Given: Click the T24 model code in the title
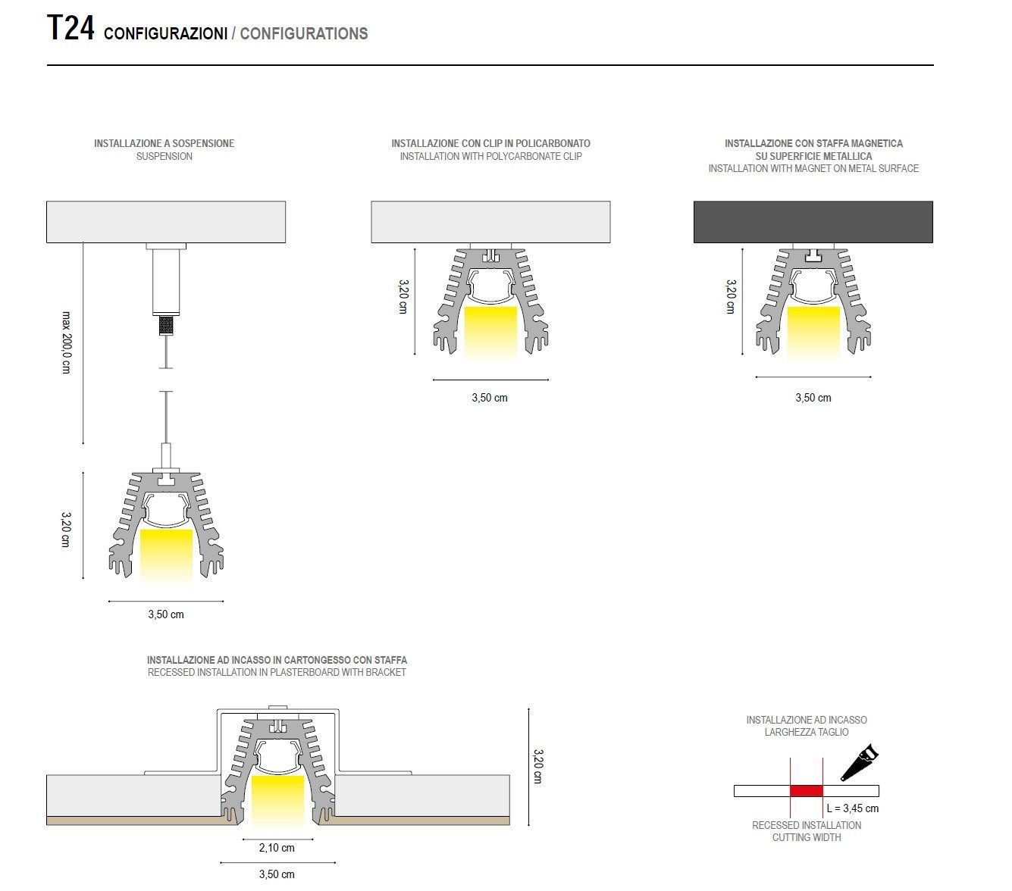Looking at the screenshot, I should coord(70,30).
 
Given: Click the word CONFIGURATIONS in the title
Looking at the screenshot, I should coord(304,34).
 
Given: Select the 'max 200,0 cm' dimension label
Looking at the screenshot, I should coord(66,342).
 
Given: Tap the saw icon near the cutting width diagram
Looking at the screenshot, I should coord(860,761).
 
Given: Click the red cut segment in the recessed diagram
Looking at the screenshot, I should coord(806,791).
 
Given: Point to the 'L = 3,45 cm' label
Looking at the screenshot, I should coord(853,808).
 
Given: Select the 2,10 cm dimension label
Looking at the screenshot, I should coord(277,848).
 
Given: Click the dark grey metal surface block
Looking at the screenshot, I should coord(813,222).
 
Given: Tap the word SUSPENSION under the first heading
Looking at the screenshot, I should coord(164,157).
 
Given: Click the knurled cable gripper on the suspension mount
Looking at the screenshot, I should coord(166,326).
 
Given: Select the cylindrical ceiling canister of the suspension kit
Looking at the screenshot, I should coord(166,281).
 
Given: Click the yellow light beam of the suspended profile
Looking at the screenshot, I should coord(166,555).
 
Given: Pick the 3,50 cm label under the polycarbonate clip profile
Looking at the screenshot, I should coord(490,398).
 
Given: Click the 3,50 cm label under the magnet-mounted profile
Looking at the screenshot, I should coord(813,398).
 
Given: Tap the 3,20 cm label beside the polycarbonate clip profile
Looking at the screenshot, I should coord(403,296).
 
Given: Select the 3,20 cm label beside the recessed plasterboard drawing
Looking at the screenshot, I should coord(538,766).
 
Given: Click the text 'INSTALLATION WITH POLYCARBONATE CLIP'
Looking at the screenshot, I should coord(490,157).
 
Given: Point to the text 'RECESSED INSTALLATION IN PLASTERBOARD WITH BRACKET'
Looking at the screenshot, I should coord(277,673).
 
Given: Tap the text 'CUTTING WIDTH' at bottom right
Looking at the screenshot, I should coord(807,837).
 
